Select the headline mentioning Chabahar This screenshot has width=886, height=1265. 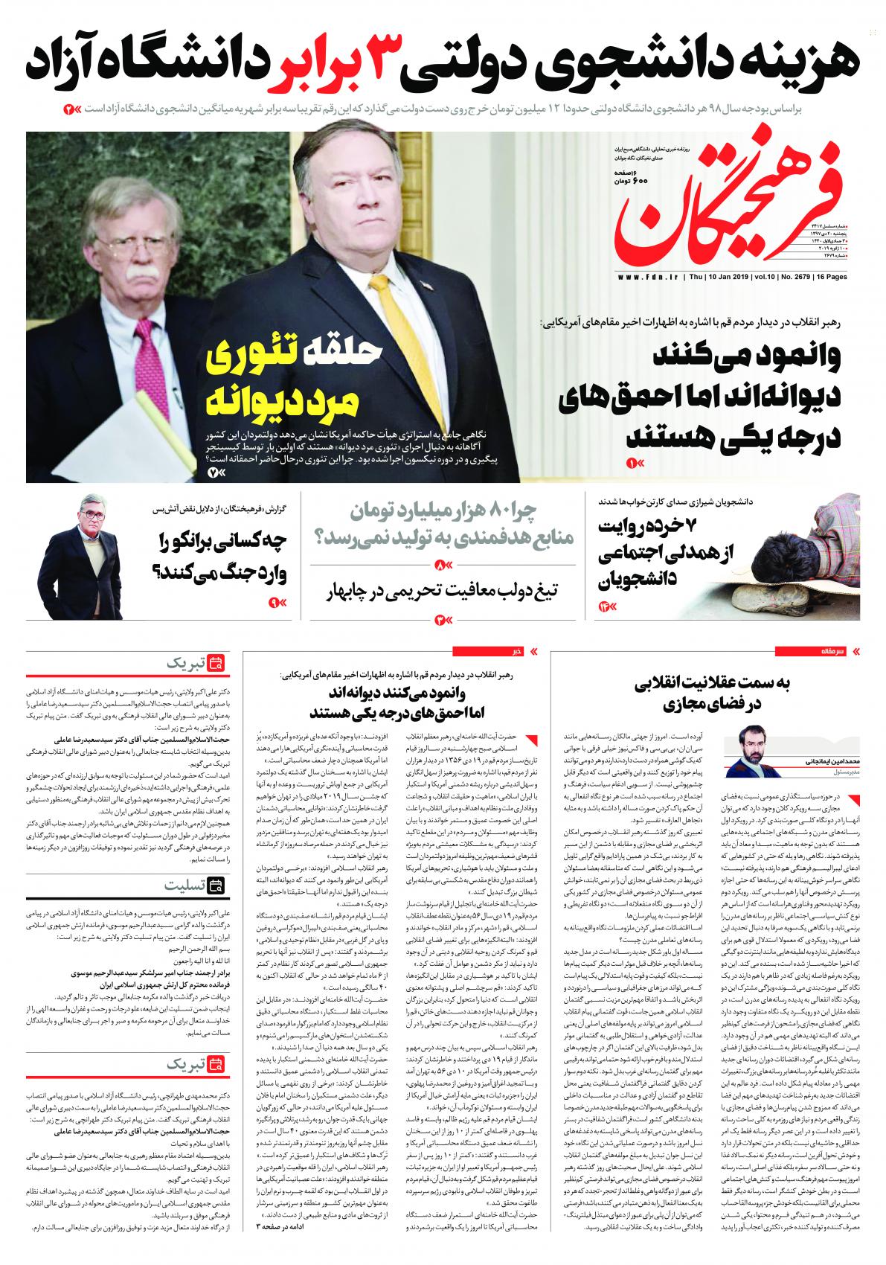[443, 592]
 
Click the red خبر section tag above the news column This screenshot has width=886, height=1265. [513, 651]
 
